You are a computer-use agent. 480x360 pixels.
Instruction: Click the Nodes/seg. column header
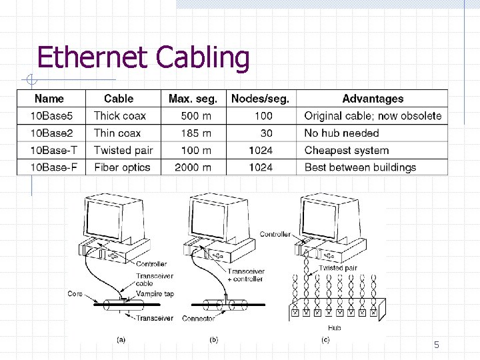[260, 99]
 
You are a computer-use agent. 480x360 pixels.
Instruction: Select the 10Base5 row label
[47, 116]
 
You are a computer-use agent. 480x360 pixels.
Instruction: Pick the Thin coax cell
[117, 133]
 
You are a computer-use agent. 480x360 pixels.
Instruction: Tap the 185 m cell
[195, 133]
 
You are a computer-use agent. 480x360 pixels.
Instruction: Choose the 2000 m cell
[193, 167]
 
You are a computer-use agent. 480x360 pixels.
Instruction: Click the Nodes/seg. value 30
[266, 133]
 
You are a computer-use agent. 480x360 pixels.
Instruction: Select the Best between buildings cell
[359, 167]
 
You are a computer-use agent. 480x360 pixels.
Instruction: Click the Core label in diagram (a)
[75, 293]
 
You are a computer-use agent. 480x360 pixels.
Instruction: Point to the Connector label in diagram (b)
[197, 319]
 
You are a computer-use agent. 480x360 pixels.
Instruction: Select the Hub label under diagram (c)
[334, 327]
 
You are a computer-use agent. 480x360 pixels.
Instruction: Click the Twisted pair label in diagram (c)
[338, 268]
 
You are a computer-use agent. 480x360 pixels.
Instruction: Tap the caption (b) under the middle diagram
[214, 339]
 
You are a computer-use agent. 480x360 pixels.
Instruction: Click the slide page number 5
[437, 345]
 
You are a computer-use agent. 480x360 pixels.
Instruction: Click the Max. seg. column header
[193, 99]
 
